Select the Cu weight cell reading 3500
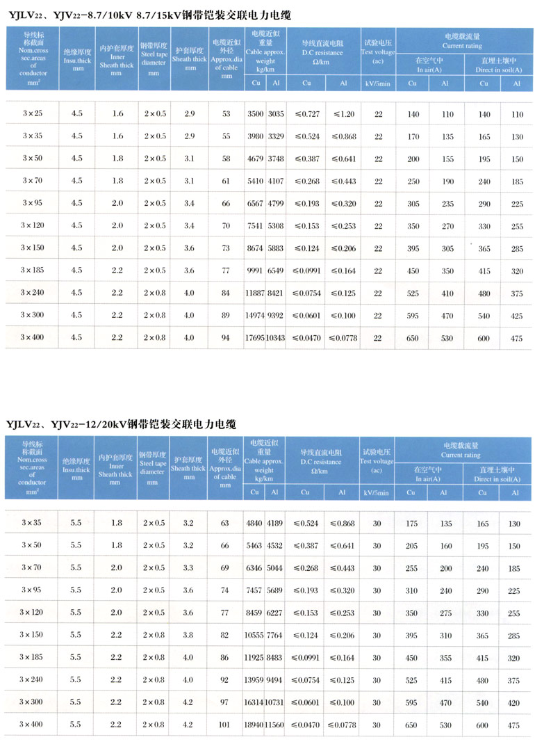255,113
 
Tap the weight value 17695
254,338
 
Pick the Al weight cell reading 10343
276,338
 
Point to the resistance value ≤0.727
306,113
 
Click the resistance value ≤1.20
343,113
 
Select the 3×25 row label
32,113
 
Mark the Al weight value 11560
275,725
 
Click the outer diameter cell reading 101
224,725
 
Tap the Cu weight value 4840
254,523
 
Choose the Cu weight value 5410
255,181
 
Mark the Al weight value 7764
276,635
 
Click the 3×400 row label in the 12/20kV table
32,725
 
